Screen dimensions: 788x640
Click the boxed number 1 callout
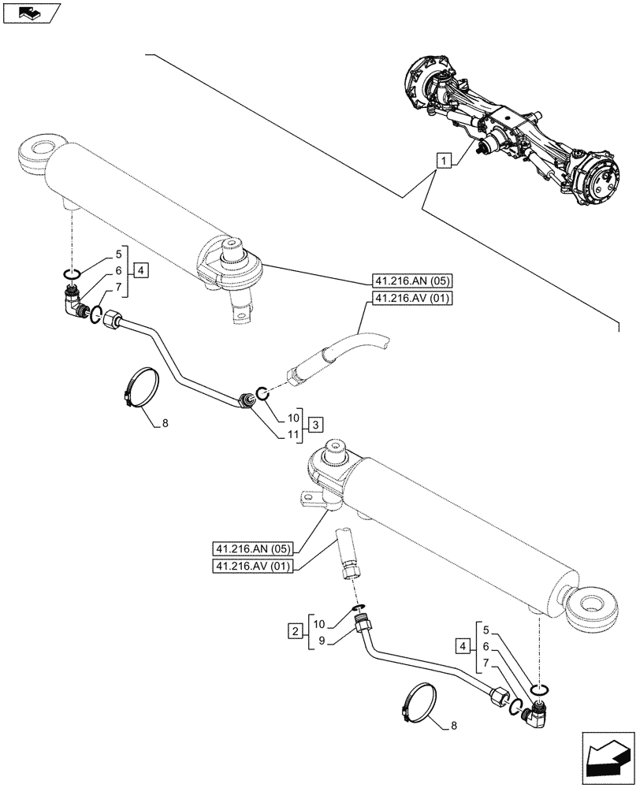point(445,162)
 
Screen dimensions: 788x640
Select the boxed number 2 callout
point(295,630)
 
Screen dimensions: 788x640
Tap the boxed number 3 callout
point(314,425)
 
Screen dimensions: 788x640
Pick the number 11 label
point(293,434)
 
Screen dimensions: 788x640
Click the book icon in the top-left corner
point(30,12)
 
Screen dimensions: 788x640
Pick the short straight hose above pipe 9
point(348,554)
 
